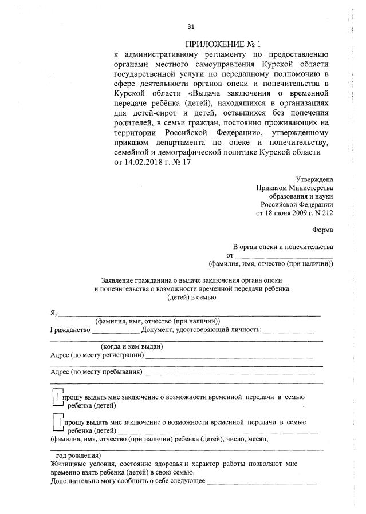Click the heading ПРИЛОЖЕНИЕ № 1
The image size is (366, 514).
[x=220, y=45]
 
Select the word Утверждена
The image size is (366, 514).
[x=314, y=179]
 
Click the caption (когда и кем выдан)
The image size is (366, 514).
[x=132, y=346]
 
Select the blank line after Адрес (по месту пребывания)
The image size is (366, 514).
[x=229, y=373]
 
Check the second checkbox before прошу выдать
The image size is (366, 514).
[x=56, y=424]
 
